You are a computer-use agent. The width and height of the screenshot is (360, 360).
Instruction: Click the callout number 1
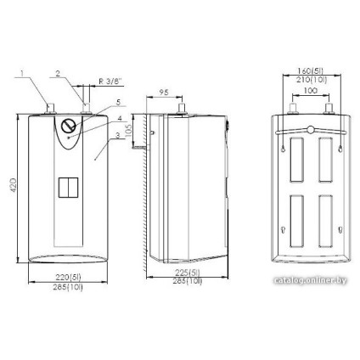click(25, 74)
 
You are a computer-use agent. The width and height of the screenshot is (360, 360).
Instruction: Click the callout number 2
click(57, 74)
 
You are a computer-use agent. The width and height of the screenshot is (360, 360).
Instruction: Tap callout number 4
click(121, 118)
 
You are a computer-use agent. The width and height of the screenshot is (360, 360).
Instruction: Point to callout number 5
click(120, 104)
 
